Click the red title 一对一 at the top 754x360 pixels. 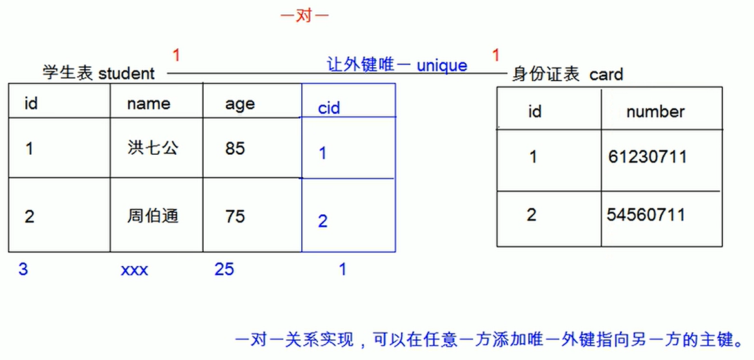coord(305,16)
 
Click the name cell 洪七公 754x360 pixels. coord(152,148)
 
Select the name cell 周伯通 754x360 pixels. coord(152,216)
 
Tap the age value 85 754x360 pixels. coord(235,148)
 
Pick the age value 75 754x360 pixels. coord(235,216)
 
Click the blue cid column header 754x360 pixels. coord(329,108)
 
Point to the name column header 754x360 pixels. coord(148,104)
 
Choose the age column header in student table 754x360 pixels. coord(240,105)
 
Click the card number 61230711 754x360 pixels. coord(647,157)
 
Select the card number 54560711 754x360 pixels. coord(646,215)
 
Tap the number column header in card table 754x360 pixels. coord(655,112)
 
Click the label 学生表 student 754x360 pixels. coord(99,74)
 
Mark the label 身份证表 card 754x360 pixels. coord(568,75)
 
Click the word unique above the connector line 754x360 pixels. coord(442,66)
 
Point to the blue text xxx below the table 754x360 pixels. coord(134,270)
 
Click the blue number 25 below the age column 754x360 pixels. coord(224,269)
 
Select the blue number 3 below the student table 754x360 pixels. coord(23,269)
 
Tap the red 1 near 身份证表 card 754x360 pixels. coord(495,56)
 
